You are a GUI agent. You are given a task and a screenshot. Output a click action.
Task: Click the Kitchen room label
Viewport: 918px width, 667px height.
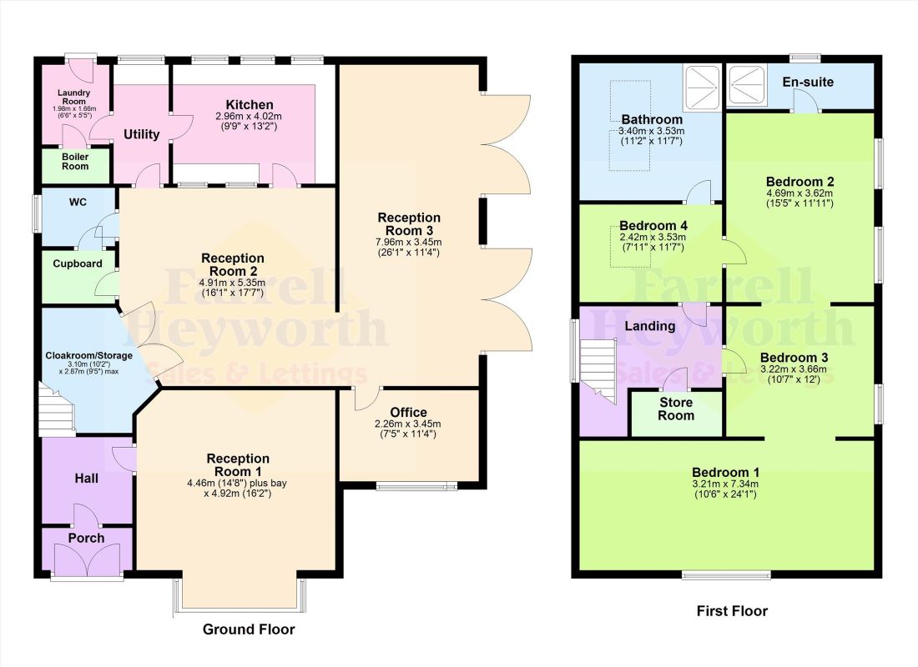click(x=250, y=105)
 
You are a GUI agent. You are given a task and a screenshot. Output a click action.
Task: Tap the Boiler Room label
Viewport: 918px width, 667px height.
click(x=75, y=162)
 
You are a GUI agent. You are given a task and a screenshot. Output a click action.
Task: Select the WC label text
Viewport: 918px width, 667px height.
click(x=78, y=202)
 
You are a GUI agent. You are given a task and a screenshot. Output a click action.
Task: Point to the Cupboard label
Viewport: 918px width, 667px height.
click(x=78, y=263)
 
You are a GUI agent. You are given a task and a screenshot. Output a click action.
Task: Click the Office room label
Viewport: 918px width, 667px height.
click(x=409, y=413)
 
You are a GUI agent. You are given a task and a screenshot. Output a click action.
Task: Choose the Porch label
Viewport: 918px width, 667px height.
click(x=87, y=539)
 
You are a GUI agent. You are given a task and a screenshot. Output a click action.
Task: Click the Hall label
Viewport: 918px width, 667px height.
click(x=87, y=479)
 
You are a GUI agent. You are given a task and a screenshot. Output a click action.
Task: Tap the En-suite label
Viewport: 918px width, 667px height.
click(x=808, y=82)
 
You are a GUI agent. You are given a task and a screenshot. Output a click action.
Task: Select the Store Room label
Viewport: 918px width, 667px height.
click(x=676, y=409)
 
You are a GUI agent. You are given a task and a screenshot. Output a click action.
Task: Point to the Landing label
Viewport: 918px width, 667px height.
click(x=650, y=326)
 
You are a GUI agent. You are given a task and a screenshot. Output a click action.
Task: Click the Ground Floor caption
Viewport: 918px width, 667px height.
click(x=249, y=629)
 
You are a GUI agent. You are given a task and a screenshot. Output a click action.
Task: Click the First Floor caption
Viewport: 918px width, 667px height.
click(x=732, y=611)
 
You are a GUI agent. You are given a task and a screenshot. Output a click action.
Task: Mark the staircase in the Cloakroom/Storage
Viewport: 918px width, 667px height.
click(x=57, y=409)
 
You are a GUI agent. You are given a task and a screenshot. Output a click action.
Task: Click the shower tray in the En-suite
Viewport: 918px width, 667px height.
click(x=747, y=86)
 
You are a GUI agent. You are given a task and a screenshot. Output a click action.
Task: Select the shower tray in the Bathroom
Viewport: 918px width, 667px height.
click(x=701, y=87)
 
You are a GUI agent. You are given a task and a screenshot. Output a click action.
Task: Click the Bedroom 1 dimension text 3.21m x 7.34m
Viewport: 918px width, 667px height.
click(x=725, y=484)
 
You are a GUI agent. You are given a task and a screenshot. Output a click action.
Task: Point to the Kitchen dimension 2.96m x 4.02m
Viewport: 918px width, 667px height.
click(x=249, y=117)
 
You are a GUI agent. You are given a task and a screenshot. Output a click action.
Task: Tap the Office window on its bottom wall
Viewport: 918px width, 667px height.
click(x=416, y=485)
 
